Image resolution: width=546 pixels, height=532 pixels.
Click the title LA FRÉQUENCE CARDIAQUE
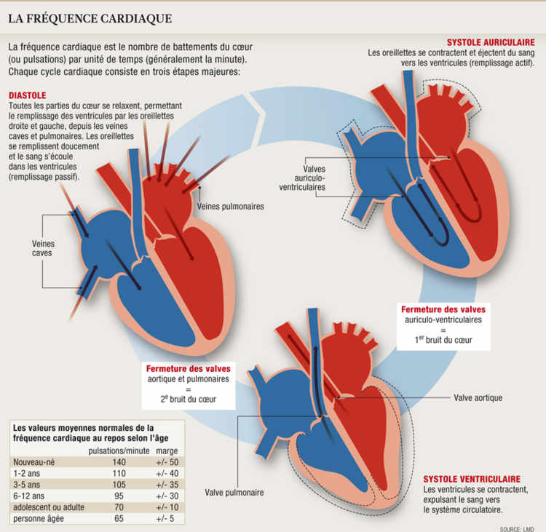click(x=90, y=17)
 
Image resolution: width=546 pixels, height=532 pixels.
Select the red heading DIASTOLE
click(x=27, y=95)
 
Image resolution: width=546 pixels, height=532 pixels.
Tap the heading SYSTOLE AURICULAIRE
click(x=494, y=42)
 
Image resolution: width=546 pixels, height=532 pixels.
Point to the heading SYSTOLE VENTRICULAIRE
click(x=472, y=479)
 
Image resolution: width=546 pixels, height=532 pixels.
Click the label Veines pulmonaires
click(x=230, y=206)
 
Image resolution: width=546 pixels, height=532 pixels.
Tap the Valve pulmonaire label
click(x=234, y=493)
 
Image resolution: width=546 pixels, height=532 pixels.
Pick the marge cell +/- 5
click(x=167, y=518)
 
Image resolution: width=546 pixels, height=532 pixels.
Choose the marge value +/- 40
click(x=167, y=473)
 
